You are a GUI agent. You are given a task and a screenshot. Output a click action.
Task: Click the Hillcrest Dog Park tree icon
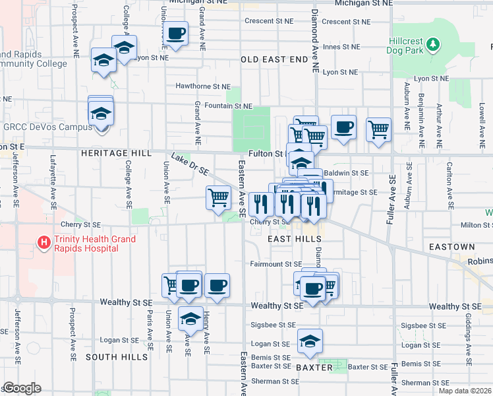(433, 45)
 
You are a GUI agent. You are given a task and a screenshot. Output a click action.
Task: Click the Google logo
(21, 388)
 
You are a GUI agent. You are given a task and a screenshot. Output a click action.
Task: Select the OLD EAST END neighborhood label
(274, 59)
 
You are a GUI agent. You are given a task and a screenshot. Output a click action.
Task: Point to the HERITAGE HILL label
(116, 152)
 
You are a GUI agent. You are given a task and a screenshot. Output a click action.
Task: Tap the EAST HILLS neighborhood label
(295, 239)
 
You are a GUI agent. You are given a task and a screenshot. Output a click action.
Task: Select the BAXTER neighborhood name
(314, 367)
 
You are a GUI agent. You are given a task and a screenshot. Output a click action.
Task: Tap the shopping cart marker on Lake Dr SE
(218, 197)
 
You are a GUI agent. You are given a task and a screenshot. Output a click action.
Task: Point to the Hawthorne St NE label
(203, 86)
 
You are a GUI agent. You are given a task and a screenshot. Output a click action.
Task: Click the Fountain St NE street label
(229, 106)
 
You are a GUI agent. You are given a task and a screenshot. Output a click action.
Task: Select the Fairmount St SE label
(275, 264)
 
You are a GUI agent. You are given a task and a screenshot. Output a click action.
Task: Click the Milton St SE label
(472, 225)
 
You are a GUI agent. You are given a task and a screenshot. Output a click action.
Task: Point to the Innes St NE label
(341, 47)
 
